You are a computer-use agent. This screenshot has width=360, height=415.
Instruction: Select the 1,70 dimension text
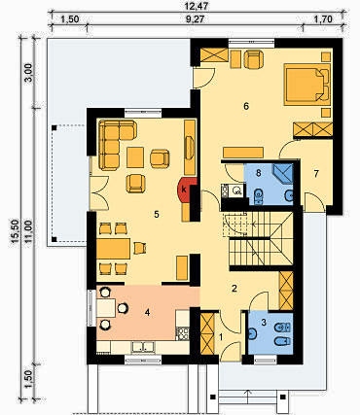323,19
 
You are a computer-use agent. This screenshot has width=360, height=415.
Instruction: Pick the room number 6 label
246,106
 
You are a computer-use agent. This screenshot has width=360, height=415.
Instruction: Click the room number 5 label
157,215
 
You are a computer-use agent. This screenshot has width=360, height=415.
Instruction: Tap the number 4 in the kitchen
148,313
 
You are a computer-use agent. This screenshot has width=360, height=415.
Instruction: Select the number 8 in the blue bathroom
258,173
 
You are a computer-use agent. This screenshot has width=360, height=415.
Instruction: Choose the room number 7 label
316,174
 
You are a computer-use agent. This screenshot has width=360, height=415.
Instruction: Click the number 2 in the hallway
234,288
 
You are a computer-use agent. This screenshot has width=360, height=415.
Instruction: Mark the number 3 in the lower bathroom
264,322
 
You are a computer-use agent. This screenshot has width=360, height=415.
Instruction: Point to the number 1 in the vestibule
222,337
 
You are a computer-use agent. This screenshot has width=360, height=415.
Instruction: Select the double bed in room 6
306,85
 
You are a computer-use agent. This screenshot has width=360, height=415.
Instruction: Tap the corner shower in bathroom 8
283,174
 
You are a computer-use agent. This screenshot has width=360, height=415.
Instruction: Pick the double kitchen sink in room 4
143,347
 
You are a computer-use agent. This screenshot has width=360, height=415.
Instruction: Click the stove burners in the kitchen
182,334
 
